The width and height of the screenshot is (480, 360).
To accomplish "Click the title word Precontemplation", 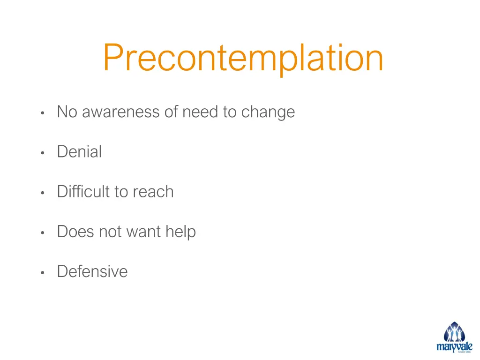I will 243,58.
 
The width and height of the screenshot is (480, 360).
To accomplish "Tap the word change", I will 268,112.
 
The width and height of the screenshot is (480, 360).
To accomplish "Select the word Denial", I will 79,152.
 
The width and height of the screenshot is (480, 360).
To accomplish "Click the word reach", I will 153,192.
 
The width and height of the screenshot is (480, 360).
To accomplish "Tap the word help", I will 180,232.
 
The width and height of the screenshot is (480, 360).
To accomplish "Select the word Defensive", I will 92,271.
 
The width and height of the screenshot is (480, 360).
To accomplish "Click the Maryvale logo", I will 454,337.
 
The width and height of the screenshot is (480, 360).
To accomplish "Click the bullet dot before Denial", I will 42,153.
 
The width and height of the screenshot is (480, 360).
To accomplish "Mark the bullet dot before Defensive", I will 42,272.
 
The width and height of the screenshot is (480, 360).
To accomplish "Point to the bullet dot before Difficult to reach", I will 42,193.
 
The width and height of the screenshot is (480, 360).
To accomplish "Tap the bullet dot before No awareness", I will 42,113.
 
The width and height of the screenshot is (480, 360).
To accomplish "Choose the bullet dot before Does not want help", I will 42,232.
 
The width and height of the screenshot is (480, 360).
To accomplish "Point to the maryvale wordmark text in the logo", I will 454,347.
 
